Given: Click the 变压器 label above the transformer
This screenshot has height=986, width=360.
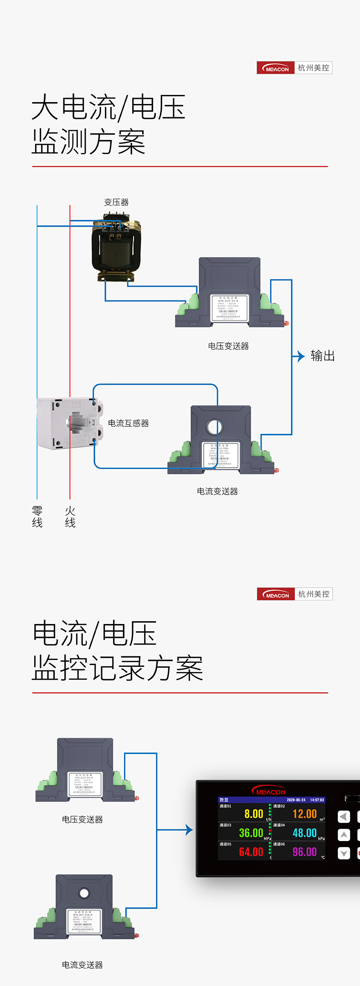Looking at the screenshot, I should (116, 202).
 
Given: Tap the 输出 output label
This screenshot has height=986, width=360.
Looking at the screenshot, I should (323, 356).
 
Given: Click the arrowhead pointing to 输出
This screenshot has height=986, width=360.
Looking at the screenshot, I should (301, 356).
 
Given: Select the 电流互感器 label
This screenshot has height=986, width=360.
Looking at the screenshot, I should (129, 423).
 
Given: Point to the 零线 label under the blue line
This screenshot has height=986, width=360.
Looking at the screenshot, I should (37, 516).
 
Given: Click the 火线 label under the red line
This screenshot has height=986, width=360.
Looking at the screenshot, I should (70, 516).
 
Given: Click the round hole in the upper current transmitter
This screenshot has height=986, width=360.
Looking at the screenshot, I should (214, 427).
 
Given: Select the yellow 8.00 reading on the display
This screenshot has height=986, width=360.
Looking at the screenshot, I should (254, 814).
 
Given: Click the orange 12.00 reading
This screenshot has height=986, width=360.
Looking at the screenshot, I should (304, 814).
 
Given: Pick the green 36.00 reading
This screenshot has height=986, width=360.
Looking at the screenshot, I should (251, 833).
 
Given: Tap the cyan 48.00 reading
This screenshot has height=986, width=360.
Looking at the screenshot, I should (304, 833).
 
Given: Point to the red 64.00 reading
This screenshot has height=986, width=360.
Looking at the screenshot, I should (251, 852).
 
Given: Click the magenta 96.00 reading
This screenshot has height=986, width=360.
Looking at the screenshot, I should (304, 852).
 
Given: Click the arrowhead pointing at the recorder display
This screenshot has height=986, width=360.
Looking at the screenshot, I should (190, 830).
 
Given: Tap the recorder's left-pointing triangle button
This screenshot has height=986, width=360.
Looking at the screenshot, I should (344, 816).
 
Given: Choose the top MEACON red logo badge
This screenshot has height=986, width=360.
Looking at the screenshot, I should (276, 68).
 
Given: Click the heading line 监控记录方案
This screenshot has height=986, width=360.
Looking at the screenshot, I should (117, 668).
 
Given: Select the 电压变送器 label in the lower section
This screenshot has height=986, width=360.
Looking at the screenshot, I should (82, 819).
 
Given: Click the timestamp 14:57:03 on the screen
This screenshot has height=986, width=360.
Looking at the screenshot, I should (317, 800).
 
